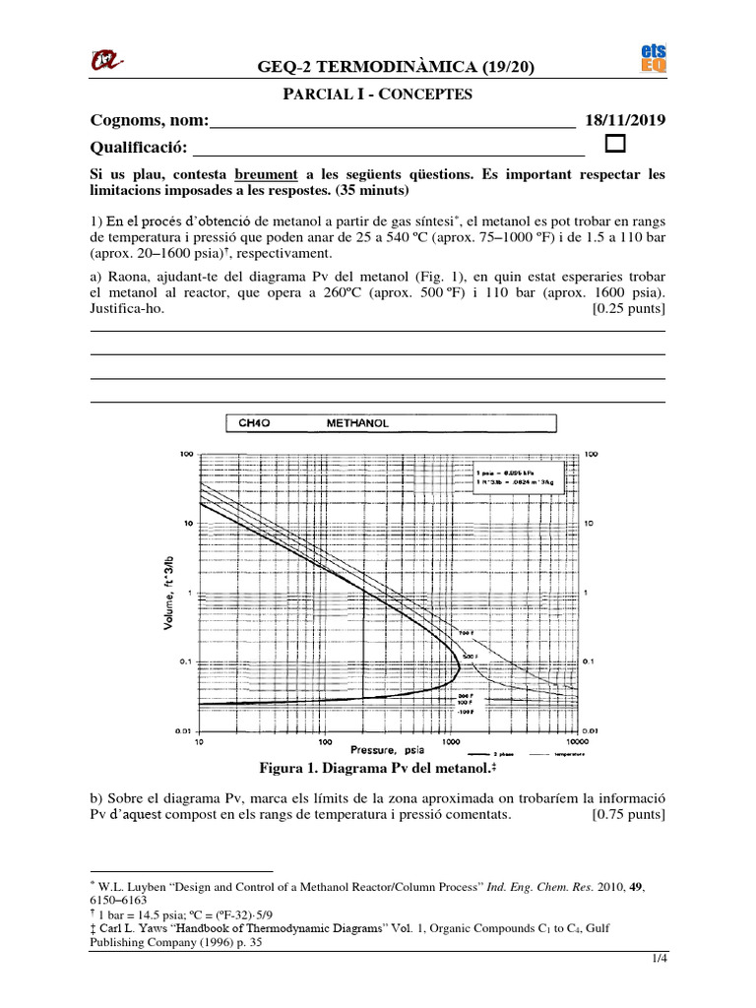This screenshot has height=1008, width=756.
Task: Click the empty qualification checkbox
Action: coord(616,146)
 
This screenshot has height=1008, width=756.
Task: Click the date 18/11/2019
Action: coord(625,120)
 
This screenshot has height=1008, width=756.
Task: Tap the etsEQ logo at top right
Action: coord(654,58)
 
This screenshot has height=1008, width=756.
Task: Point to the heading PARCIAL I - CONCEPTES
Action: coord(377,94)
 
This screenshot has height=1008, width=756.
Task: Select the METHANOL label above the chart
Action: coord(357,423)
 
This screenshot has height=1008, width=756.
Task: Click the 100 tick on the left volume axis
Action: coord(184,455)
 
